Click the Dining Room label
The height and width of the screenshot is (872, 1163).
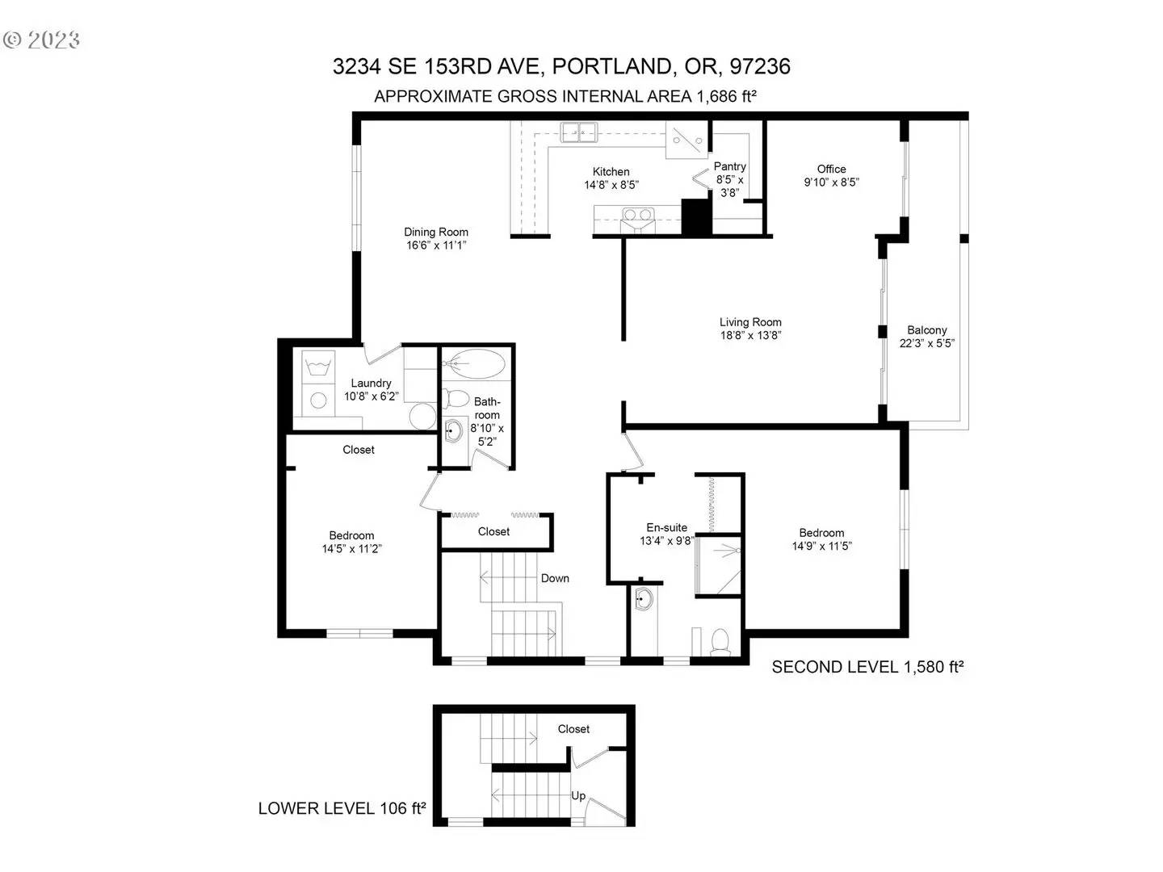pos(435,232)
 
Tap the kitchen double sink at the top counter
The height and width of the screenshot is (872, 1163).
pos(578,132)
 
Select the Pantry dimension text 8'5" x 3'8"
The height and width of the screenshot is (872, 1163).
pos(729,187)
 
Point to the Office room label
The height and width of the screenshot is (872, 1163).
pos(831,169)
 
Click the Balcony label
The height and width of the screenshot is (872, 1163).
pos(926,330)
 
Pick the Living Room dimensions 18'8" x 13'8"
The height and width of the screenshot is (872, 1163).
pos(750,335)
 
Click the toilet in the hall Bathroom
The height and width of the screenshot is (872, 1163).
pos(456,398)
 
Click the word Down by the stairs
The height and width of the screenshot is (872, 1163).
pos(555,578)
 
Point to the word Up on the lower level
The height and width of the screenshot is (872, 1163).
pos(578,796)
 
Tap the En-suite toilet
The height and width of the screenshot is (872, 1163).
pos(720,641)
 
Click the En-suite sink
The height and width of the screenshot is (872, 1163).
pos(644,599)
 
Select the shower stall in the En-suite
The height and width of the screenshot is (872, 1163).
pos(718,565)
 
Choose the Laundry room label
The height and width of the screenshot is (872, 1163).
pos(371,384)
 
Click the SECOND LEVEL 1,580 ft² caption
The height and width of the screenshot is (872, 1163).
pos(867,667)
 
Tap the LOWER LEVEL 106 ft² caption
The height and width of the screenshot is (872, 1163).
pos(342,808)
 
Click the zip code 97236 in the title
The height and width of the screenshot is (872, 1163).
pos(760,67)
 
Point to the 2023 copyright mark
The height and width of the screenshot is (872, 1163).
pos(41,40)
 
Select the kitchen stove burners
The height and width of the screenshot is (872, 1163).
pos(637,215)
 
